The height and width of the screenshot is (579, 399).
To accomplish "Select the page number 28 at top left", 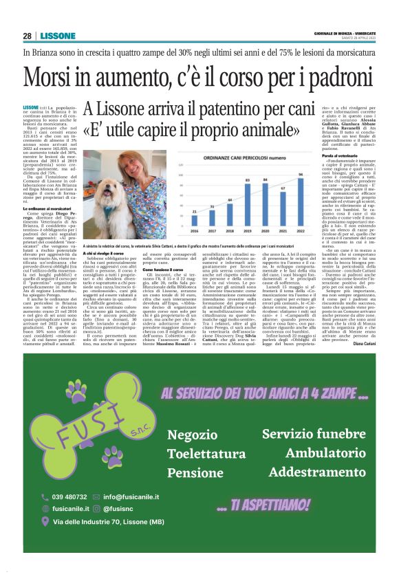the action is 28,36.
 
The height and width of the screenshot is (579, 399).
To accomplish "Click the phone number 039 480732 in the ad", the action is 69,496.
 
